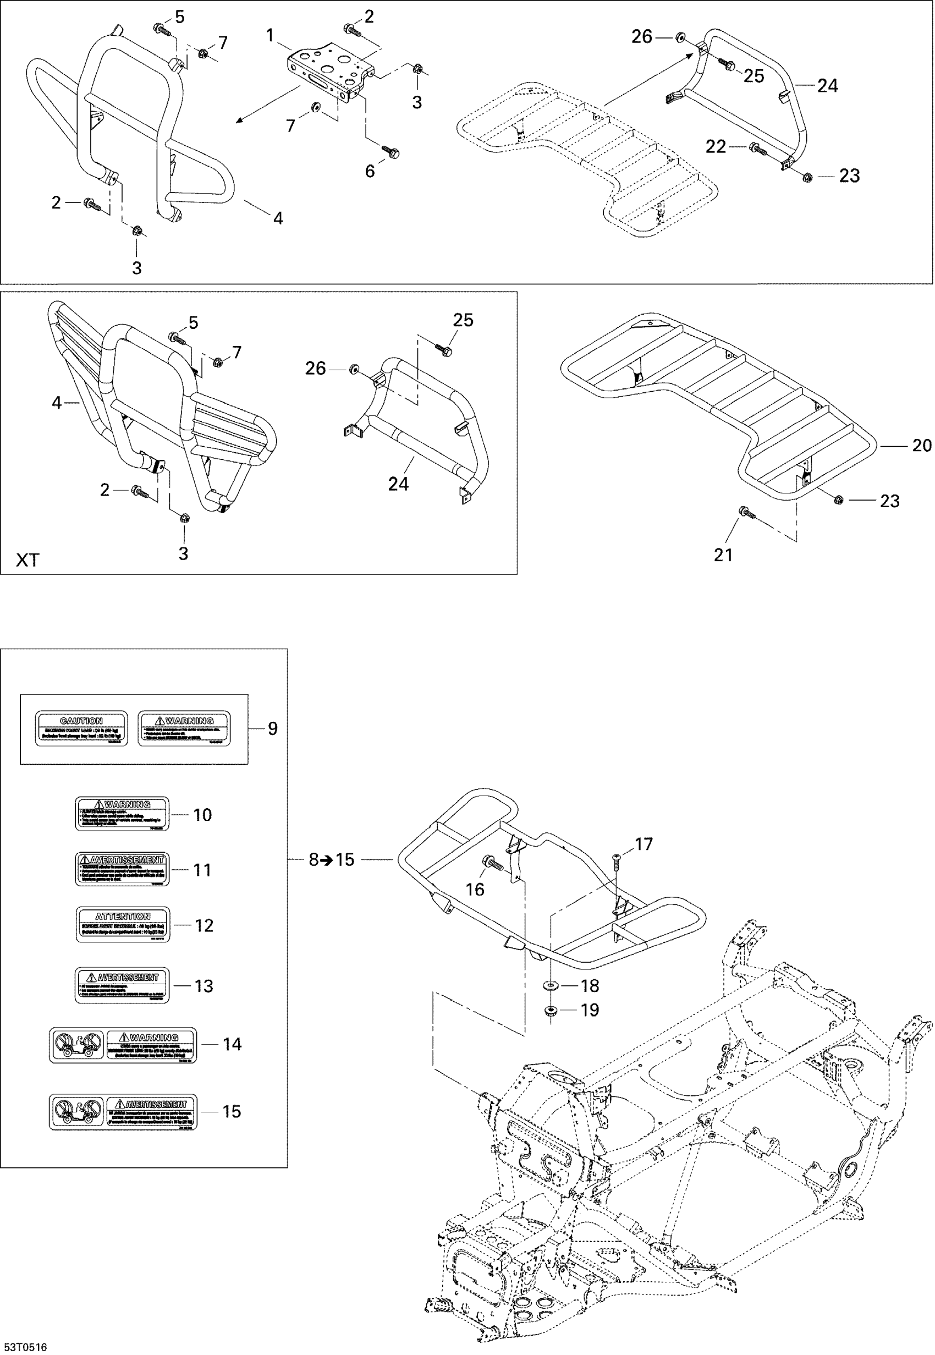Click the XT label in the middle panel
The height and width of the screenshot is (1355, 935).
[27, 560]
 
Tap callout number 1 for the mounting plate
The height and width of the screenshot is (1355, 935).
[270, 36]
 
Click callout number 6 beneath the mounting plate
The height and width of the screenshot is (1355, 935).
[370, 171]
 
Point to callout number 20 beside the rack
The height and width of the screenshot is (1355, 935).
[922, 446]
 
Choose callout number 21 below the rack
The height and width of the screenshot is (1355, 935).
[723, 554]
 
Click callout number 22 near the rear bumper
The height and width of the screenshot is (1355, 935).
[716, 146]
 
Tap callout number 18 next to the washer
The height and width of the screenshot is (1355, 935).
[590, 986]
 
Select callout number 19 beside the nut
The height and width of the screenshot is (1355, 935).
[590, 1010]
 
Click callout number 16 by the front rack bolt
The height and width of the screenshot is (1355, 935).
[475, 889]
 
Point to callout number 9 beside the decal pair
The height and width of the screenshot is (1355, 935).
[272, 728]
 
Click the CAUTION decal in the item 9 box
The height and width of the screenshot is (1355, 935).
[81, 728]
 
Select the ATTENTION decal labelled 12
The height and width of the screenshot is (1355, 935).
[123, 924]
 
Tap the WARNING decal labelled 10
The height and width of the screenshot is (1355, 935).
[122, 813]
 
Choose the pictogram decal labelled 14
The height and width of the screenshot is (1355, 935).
[123, 1045]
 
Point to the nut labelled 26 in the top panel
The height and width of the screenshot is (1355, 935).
[680, 37]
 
